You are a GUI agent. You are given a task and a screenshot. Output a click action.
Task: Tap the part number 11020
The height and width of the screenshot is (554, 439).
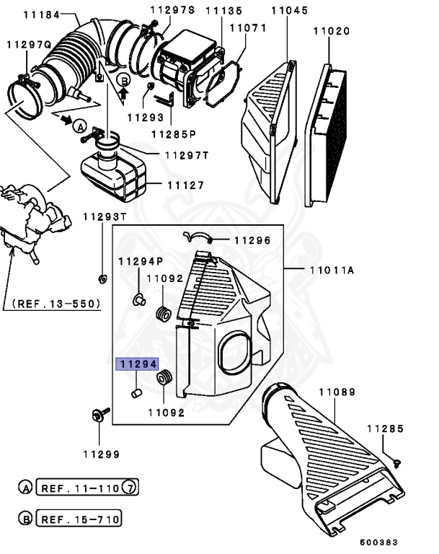point(331,31)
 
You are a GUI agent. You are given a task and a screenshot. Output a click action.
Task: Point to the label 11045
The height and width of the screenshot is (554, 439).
point(289,10)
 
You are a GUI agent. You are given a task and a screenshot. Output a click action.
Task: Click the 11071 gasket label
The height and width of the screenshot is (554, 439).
point(248,28)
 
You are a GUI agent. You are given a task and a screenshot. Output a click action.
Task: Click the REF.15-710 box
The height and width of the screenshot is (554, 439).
point(79,519)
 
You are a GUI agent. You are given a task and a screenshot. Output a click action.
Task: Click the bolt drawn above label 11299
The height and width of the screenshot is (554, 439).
point(98,414)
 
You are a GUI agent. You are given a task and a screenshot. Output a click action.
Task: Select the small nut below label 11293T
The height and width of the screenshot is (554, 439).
point(102,278)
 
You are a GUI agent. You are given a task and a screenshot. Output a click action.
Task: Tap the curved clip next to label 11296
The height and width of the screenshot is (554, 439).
point(195,236)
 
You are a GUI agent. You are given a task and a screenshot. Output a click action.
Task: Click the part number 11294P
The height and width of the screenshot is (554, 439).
point(141,261)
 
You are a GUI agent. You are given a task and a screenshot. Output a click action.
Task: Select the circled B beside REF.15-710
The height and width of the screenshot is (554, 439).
point(25,519)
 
